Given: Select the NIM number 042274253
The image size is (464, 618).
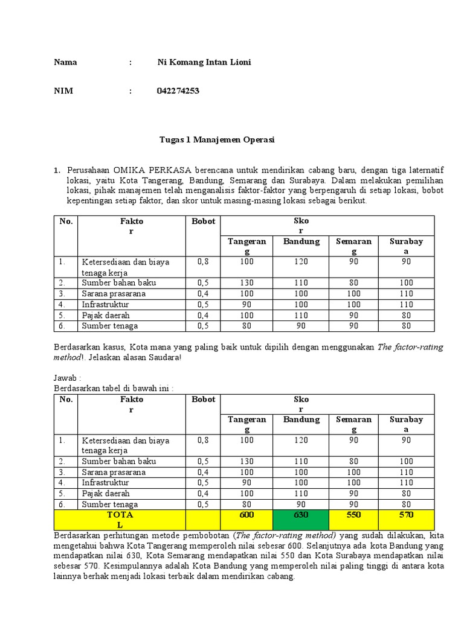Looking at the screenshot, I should [x=178, y=91].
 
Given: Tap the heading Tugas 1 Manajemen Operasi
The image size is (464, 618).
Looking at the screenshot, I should [x=217, y=139].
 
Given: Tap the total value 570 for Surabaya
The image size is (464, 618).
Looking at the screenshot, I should [x=406, y=515].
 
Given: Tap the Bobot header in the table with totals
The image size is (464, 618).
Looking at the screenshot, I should [x=203, y=400].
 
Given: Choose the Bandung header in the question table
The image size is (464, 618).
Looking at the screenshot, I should [x=301, y=241].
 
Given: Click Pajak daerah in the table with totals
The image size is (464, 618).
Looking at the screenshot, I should [x=106, y=493].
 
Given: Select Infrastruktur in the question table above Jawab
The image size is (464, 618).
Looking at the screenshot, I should [x=106, y=304].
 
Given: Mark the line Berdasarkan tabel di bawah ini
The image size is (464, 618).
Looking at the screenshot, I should [x=113, y=387].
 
